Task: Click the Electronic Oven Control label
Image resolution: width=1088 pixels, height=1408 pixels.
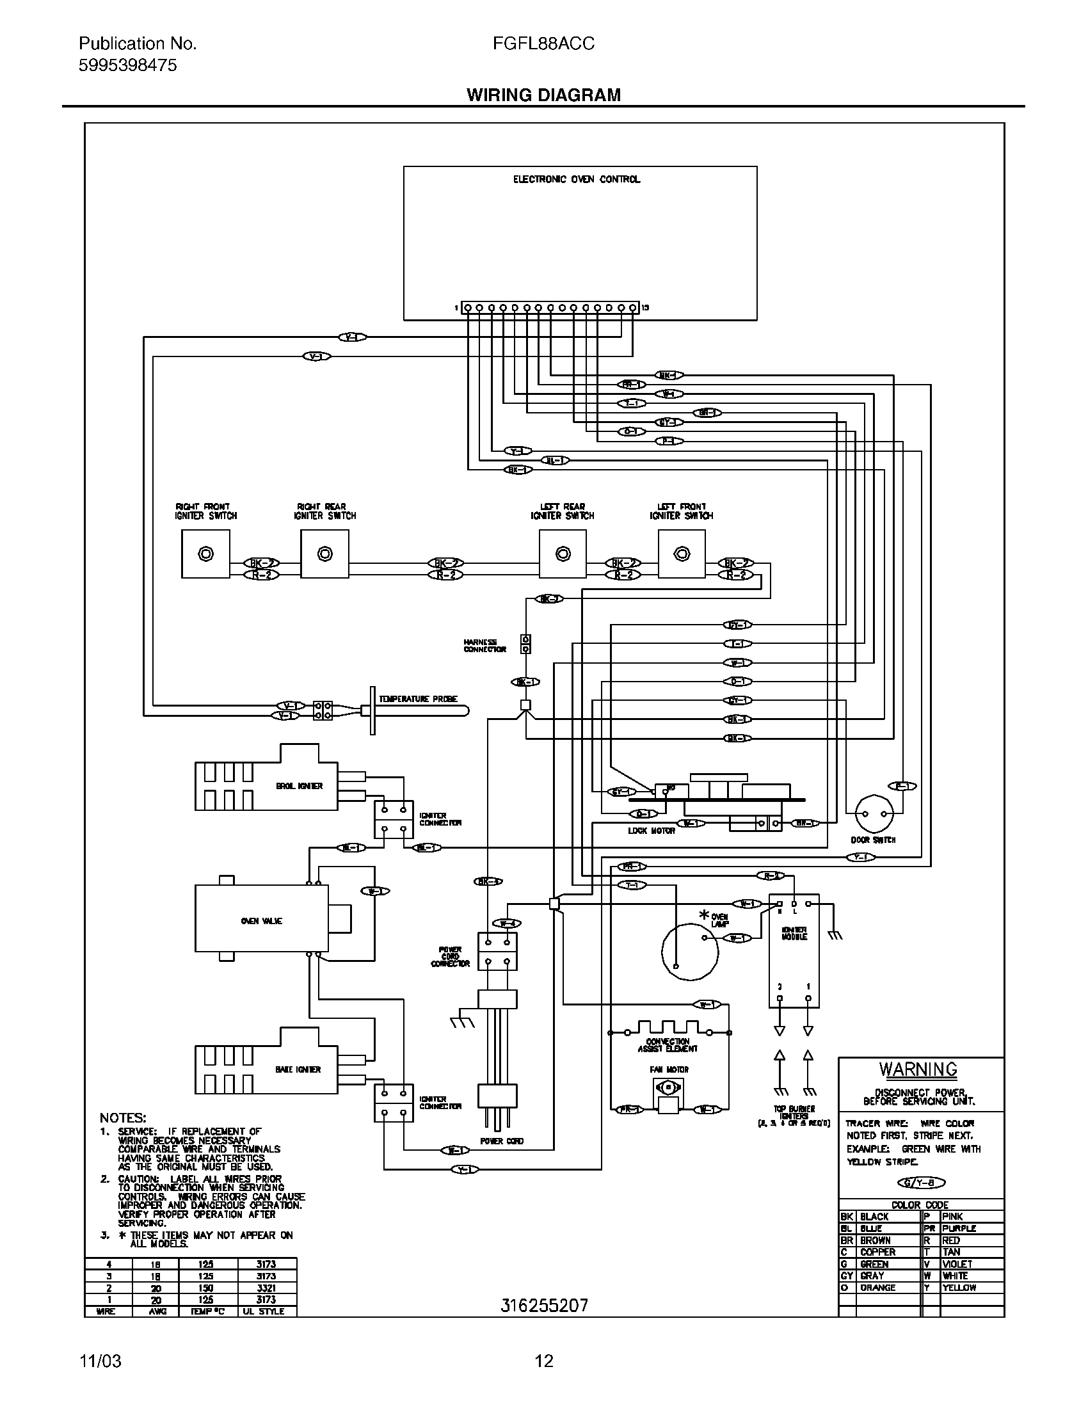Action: (576, 179)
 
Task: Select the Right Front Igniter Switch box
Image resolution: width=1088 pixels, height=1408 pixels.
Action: (205, 554)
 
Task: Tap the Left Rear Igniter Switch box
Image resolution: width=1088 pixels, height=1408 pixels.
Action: (563, 554)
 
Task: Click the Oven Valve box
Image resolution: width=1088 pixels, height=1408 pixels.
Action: (262, 921)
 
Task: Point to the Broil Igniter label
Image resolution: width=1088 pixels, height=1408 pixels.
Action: (299, 786)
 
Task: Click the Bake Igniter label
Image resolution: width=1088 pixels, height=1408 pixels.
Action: (298, 1069)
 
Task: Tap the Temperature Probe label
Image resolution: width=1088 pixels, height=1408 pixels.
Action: (418, 699)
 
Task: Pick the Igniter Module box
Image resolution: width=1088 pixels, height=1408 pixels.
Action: (794, 950)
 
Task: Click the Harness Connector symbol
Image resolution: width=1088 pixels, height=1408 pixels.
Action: (525, 644)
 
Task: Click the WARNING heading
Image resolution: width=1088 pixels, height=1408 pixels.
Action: (918, 1069)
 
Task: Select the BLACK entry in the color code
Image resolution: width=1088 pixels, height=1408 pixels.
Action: (874, 1217)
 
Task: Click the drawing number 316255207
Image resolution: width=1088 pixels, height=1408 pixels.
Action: (544, 1306)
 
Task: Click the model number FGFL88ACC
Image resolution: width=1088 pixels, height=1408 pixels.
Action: (543, 44)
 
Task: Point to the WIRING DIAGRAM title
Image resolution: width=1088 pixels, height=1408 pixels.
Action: (543, 95)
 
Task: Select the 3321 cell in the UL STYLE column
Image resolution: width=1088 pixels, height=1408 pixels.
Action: (266, 1288)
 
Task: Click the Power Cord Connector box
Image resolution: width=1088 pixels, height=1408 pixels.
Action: (497, 951)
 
